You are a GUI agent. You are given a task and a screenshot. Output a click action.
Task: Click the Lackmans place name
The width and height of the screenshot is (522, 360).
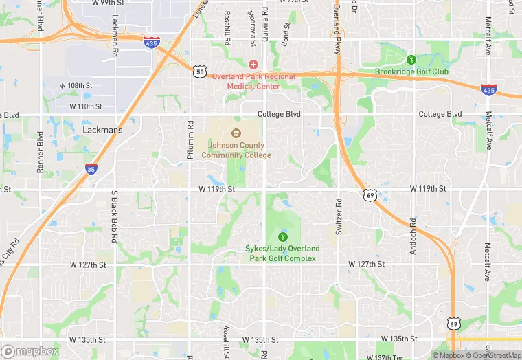click(x=101, y=128)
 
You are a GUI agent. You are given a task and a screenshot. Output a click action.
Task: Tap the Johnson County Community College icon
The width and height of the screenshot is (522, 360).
click(x=236, y=134)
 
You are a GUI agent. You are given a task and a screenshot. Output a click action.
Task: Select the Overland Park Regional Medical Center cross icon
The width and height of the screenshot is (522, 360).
click(x=253, y=64)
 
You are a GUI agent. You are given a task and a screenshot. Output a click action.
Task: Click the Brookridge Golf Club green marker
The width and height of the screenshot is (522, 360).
click(x=411, y=59)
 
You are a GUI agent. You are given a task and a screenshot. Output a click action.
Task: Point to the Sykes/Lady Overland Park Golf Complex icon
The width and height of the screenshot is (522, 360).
click(x=281, y=237)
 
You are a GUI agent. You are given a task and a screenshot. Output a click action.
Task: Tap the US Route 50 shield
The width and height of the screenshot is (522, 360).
click(x=200, y=71)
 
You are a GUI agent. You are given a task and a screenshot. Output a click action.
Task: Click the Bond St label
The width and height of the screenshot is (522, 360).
click(x=286, y=34)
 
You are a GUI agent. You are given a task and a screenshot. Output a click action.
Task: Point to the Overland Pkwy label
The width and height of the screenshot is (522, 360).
click(x=337, y=21)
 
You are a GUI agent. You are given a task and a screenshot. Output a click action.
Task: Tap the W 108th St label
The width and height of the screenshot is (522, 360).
click(x=75, y=85)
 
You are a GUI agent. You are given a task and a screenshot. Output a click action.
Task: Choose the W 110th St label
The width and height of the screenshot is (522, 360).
click(x=86, y=106)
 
